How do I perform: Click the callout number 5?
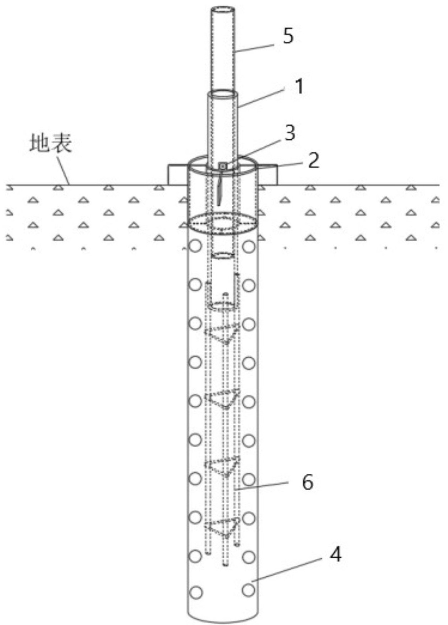(288, 36)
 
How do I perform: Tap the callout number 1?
(299, 87)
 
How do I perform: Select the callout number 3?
(290, 133)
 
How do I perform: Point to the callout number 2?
(313, 161)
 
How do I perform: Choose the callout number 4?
(335, 554)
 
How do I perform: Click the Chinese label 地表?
(50, 144)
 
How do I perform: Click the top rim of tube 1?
(222, 93)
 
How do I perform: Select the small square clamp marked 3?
(223, 166)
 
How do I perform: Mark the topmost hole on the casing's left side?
(196, 246)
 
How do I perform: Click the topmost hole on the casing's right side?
(249, 246)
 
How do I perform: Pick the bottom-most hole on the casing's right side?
(249, 590)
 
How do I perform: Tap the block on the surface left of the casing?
(177, 174)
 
